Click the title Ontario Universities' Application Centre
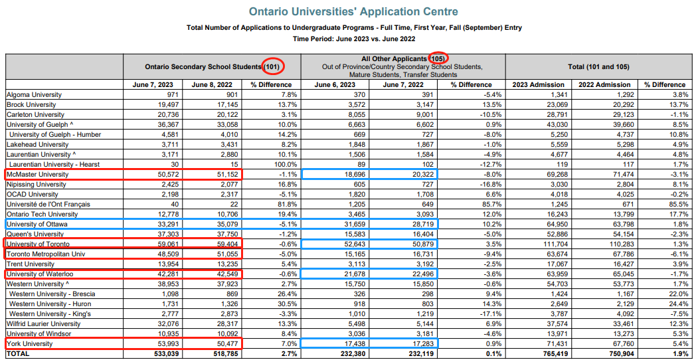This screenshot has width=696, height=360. coord(354,11)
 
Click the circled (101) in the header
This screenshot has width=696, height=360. coord(273,66)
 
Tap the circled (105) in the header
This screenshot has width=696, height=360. coord(438,58)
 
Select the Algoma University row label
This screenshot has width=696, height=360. coord(34,94)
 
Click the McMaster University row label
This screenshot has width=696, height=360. coord(37,175)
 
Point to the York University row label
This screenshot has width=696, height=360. coord(29,344)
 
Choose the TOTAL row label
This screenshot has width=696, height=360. coord(17,354)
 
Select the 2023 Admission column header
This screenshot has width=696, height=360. coord(538,84)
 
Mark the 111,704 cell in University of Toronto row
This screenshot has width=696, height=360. coord(551,244)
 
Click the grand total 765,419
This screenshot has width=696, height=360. coord(551,354)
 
